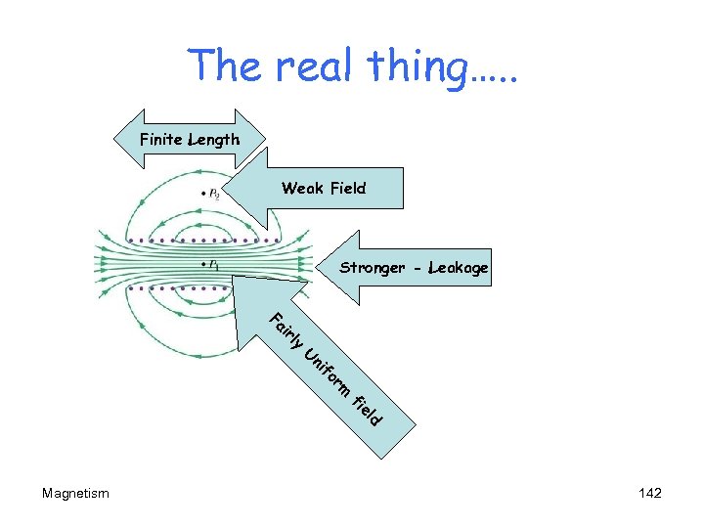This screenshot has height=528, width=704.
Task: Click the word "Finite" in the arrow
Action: (161, 139)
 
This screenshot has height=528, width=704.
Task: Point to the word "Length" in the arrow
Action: (214, 140)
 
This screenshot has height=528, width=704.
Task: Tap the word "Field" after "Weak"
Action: (347, 188)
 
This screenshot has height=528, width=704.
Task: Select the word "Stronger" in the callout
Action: (372, 268)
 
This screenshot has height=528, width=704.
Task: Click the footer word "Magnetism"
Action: (75, 493)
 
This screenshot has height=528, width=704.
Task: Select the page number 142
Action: (649, 493)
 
